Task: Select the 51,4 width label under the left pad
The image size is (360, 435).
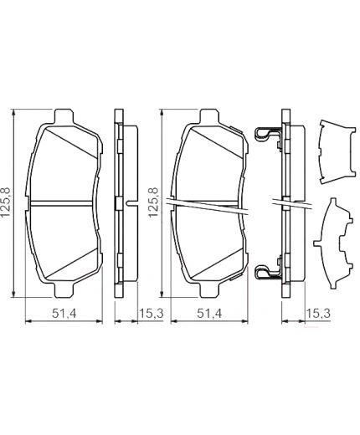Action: [64, 314]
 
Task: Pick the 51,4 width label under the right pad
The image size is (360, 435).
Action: [209, 314]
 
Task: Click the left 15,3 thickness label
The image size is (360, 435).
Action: [151, 314]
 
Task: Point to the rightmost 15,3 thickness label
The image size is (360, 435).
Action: [318, 314]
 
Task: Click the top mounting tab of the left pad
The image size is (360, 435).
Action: [64, 115]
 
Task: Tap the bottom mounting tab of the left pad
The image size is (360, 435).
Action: [64, 290]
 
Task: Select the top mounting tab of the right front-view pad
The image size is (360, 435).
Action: [210, 115]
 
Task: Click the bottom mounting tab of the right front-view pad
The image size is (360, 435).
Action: [210, 290]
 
